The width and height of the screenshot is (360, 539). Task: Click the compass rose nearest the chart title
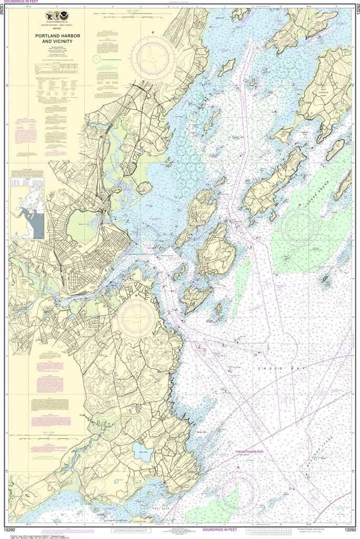(153, 57)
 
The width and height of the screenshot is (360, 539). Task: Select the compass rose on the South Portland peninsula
(136, 318)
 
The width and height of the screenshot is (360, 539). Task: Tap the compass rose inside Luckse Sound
(299, 228)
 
